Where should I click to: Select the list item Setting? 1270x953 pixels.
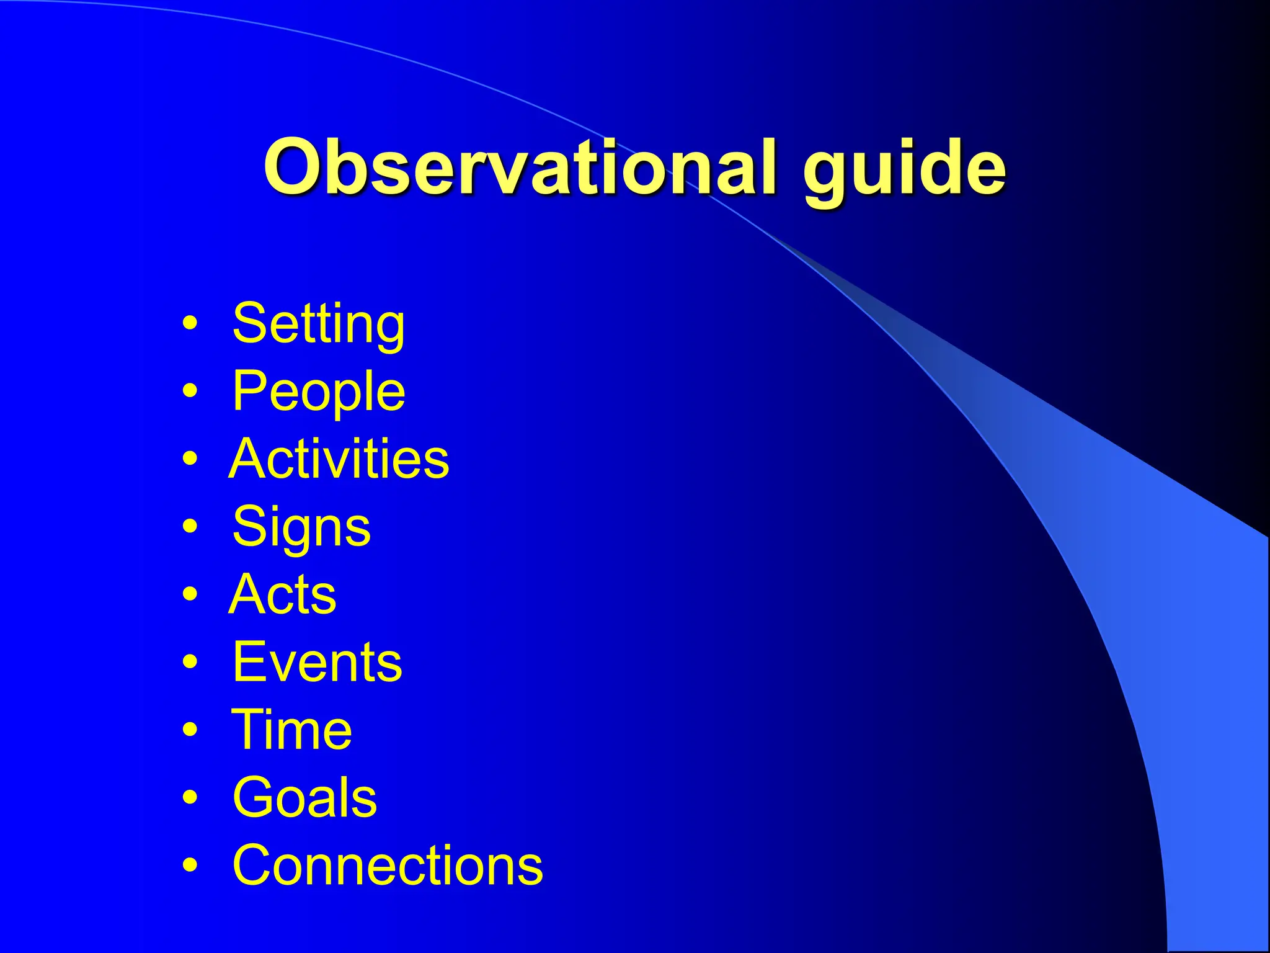[x=319, y=324]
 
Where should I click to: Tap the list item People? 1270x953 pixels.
[x=319, y=392]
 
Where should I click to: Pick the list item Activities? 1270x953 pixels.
[x=339, y=459]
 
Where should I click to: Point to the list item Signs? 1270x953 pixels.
[x=301, y=527]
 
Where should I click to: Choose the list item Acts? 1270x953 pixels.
[x=283, y=594]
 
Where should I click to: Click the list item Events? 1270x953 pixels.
[x=317, y=662]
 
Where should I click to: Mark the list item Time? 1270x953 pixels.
[x=291, y=730]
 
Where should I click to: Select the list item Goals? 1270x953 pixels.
[x=304, y=798]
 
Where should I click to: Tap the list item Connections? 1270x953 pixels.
[x=388, y=866]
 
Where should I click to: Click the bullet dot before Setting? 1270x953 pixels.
[x=191, y=323]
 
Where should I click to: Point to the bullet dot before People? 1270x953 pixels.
[x=191, y=391]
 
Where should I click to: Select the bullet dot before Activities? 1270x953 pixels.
[x=191, y=459]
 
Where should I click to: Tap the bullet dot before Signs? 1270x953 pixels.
[x=191, y=527]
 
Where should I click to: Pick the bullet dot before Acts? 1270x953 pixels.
[x=191, y=594]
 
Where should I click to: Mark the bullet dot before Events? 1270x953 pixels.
[x=191, y=662]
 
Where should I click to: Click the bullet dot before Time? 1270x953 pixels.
[x=191, y=730]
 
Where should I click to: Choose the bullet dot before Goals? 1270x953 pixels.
[x=191, y=797]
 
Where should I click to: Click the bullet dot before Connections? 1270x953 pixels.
[x=191, y=865]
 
